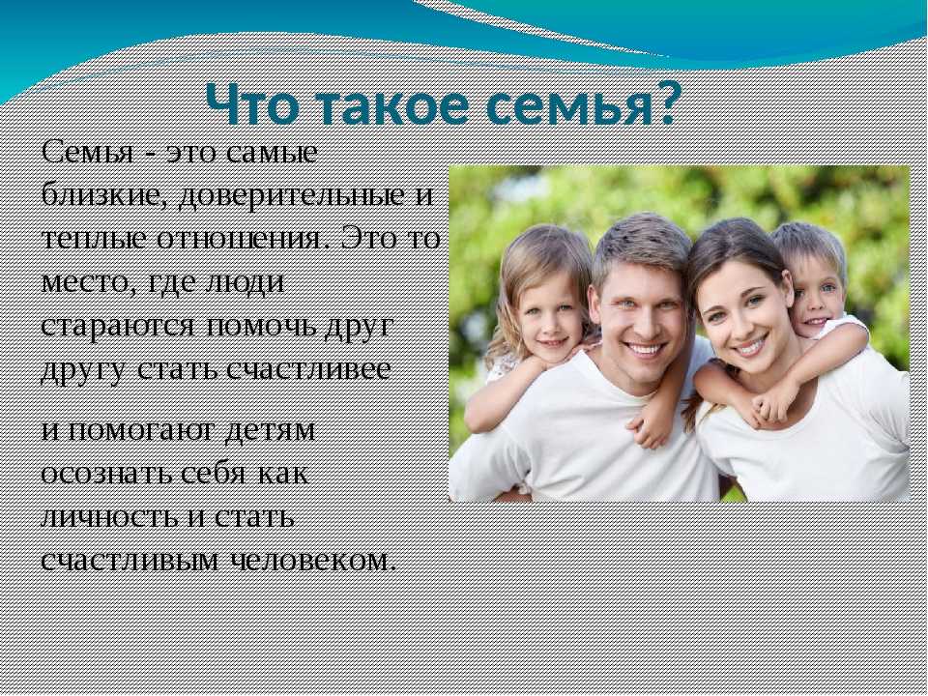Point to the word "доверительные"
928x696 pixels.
(294, 196)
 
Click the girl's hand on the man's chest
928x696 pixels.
(650, 430)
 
